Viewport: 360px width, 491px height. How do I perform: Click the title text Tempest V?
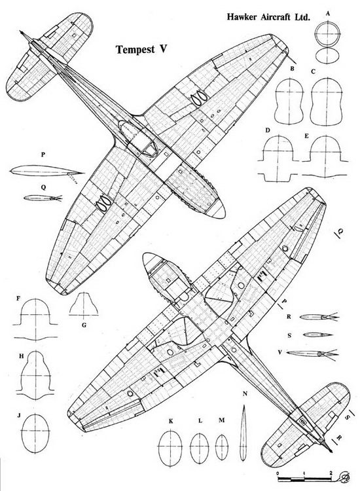point(141,50)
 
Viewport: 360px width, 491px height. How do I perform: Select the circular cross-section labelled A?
point(327,34)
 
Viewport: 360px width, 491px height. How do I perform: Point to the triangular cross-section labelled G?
point(83,304)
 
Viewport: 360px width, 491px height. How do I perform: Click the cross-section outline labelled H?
point(35,375)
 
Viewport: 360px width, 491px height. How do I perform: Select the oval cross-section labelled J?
point(35,433)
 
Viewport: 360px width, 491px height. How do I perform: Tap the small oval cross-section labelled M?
point(222,447)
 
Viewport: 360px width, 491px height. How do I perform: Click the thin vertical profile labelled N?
point(243,432)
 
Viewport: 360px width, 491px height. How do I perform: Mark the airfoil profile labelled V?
point(312,354)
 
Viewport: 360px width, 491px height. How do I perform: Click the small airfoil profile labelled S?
point(317,335)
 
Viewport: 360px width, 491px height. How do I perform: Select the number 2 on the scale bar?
point(331,473)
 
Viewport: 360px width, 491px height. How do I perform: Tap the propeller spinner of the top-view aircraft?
point(216,210)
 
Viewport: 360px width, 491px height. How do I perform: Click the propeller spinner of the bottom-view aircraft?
point(151,261)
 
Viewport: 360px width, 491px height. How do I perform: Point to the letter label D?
point(267,130)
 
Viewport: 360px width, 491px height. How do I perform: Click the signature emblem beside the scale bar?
point(344,477)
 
